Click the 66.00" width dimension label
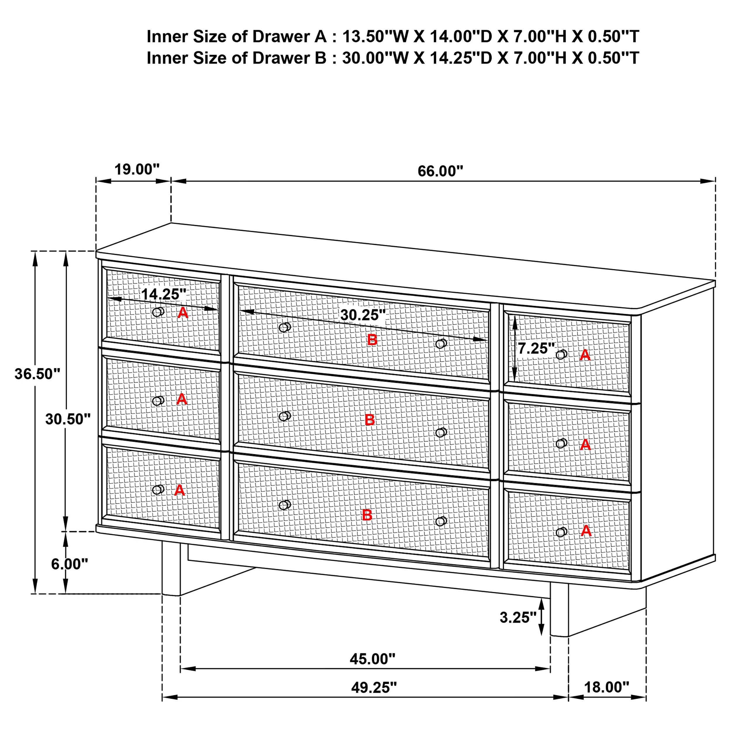440,171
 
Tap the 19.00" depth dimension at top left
137,170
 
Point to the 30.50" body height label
68,419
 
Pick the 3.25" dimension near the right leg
518,618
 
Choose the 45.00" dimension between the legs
372,659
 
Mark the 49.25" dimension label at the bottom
374,687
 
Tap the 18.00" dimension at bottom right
606,687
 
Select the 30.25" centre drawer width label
363,315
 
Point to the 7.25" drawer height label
536,349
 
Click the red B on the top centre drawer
372,340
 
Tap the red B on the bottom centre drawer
367,515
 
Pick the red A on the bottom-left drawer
179,490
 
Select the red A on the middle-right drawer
585,444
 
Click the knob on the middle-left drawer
158,401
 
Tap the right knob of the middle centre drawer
441,432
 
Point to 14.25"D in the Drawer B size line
461,58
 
